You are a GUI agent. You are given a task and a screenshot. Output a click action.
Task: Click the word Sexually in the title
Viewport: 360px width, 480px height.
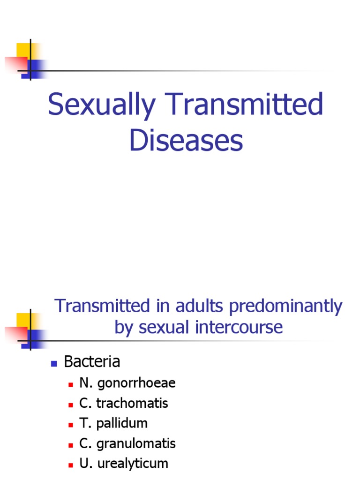coord(101,105)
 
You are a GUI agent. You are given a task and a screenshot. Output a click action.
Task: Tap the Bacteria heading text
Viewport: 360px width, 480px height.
coord(92,362)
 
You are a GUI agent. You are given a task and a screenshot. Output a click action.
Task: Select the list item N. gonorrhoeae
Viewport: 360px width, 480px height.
coord(127,383)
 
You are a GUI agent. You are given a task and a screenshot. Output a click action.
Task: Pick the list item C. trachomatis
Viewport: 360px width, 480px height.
coord(124,403)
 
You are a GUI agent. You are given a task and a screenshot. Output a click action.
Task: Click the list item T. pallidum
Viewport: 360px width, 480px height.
coord(113,423)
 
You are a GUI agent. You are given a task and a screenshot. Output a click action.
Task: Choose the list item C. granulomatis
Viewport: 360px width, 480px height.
coord(127,443)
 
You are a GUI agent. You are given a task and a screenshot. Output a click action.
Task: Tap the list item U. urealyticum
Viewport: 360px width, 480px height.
coord(124,464)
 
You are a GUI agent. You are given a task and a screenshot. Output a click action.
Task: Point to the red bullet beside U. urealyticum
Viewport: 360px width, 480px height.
coord(70,465)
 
